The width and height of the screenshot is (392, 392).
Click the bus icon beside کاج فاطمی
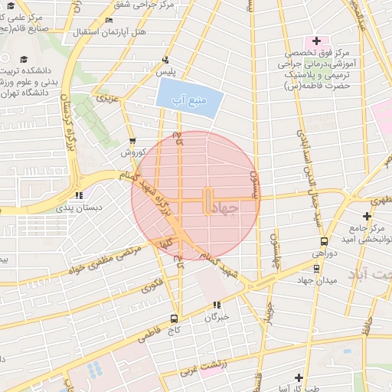pos(175,318)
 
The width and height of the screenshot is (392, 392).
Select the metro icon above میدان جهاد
pos(317,267)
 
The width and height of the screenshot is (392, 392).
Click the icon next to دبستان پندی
pos(80,195)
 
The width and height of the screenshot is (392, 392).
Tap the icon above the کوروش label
pos(133,141)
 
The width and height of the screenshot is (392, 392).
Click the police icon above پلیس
pos(166,60)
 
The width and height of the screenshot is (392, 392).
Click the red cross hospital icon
pos(315,40)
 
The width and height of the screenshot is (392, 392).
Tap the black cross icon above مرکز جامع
pos(367,216)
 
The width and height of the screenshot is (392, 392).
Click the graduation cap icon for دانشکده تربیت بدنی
pos(24,60)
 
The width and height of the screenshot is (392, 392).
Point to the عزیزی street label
pos(105,98)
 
